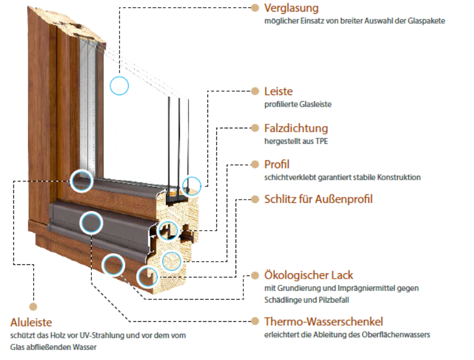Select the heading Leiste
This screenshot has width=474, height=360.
coord(278,91)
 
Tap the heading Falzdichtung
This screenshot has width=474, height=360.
coord(296,128)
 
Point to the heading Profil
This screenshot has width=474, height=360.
coord(277,164)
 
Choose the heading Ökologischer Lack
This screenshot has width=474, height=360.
coord(309,275)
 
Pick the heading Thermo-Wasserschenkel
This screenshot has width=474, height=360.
coord(324,321)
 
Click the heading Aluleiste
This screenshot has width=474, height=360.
coord(31,322)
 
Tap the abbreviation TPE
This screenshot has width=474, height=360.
coord(322,141)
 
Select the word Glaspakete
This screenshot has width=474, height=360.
coord(426,20)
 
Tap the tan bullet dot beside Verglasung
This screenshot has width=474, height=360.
coord(255,8)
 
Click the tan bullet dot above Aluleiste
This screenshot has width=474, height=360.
coord(33,306)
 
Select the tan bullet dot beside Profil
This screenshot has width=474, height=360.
coord(255,164)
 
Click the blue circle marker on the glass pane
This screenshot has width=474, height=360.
coord(119,85)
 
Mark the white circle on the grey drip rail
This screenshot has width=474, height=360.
coord(91,222)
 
